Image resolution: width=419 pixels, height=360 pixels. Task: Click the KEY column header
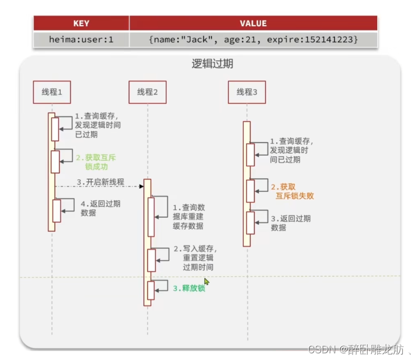tap(81, 23)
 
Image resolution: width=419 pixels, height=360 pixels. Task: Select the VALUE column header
tap(253, 23)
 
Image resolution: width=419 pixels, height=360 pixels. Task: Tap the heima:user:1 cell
tap(81, 40)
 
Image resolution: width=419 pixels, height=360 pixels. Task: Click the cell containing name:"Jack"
tap(253, 40)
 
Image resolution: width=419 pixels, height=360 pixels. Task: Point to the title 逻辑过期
tap(213, 64)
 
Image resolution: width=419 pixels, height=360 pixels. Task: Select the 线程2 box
tap(148, 92)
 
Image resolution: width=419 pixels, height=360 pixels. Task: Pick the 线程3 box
tap(247, 92)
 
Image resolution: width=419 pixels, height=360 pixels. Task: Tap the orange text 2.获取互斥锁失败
tap(292, 191)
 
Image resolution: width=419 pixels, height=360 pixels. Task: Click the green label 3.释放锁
tap(189, 289)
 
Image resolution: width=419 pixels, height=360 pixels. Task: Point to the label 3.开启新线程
tap(100, 183)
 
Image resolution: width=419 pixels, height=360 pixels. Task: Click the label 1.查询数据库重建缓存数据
tap(187, 217)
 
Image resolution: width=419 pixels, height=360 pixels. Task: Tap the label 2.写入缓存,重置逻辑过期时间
tap(195, 258)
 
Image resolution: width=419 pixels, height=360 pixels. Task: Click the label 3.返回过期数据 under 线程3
tap(290, 223)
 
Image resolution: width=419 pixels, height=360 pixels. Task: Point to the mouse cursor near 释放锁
tap(206, 282)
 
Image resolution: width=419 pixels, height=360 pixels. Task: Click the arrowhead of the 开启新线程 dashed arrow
tap(142, 186)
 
